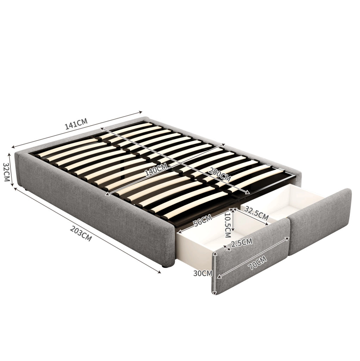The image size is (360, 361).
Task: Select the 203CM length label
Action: pyautogui.click(x=81, y=234)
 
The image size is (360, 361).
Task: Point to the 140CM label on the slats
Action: pyautogui.click(x=156, y=170)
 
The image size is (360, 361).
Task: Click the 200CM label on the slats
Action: pyautogui.click(x=219, y=174)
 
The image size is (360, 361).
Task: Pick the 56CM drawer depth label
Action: pyautogui.click(x=203, y=220)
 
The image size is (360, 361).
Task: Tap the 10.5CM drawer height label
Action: pyautogui.click(x=228, y=225)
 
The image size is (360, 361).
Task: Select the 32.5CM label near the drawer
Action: pyautogui.click(x=256, y=213)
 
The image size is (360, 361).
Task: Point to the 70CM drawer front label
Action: pyautogui.click(x=257, y=263)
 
